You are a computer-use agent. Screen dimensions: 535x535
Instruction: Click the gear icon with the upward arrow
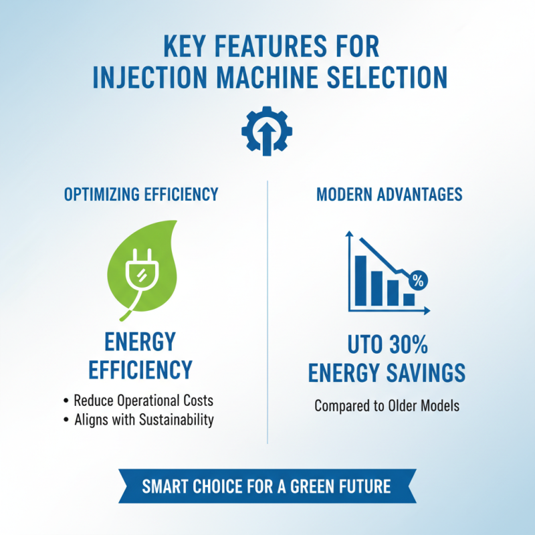(266, 130)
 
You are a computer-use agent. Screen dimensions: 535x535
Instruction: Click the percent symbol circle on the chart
(418, 281)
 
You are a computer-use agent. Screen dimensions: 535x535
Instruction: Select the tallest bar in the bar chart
(361, 280)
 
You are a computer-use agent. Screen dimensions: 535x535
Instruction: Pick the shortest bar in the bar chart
(408, 299)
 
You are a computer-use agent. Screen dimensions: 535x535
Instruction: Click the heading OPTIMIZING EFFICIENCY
(141, 195)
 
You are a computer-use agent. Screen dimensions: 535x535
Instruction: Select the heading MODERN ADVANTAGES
(389, 195)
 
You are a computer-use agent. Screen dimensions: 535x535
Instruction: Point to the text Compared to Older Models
(387, 406)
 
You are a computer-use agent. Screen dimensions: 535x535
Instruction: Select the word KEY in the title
(187, 47)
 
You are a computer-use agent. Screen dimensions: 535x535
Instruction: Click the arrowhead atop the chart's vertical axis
(349, 235)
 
